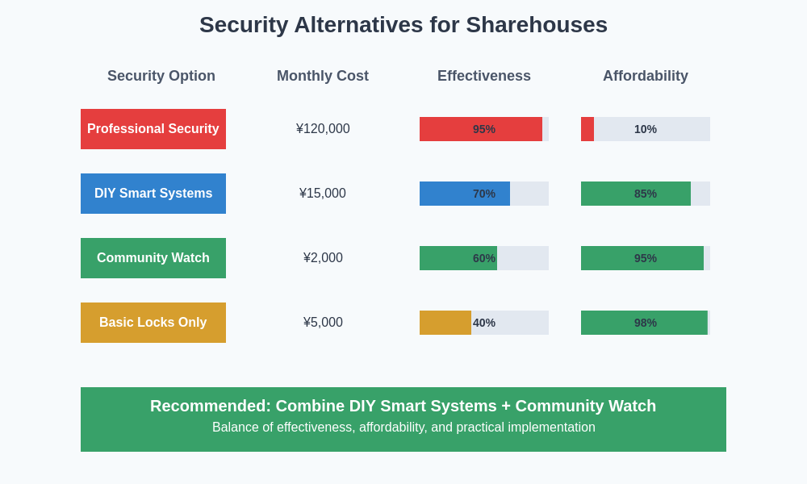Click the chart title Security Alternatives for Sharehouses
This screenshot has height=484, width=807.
point(403,25)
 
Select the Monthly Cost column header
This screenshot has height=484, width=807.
point(323,76)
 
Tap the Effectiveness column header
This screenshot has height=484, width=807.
point(484,76)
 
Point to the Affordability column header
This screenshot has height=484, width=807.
point(646,76)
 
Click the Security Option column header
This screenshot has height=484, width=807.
point(161,76)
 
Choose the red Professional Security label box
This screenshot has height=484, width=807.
point(153,129)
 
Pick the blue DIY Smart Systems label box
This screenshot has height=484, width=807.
point(153,194)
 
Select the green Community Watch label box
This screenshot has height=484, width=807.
point(153,258)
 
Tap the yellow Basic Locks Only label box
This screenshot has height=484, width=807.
point(153,323)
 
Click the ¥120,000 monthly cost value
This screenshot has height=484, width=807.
point(323,129)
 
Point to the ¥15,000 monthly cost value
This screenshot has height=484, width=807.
point(323,194)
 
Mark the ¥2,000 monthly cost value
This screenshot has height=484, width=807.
point(323,258)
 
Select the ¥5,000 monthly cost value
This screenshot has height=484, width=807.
point(323,323)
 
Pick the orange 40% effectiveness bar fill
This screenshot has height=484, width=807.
point(445,323)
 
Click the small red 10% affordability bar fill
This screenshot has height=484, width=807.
point(587,129)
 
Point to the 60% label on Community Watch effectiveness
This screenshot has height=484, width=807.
point(484,258)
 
